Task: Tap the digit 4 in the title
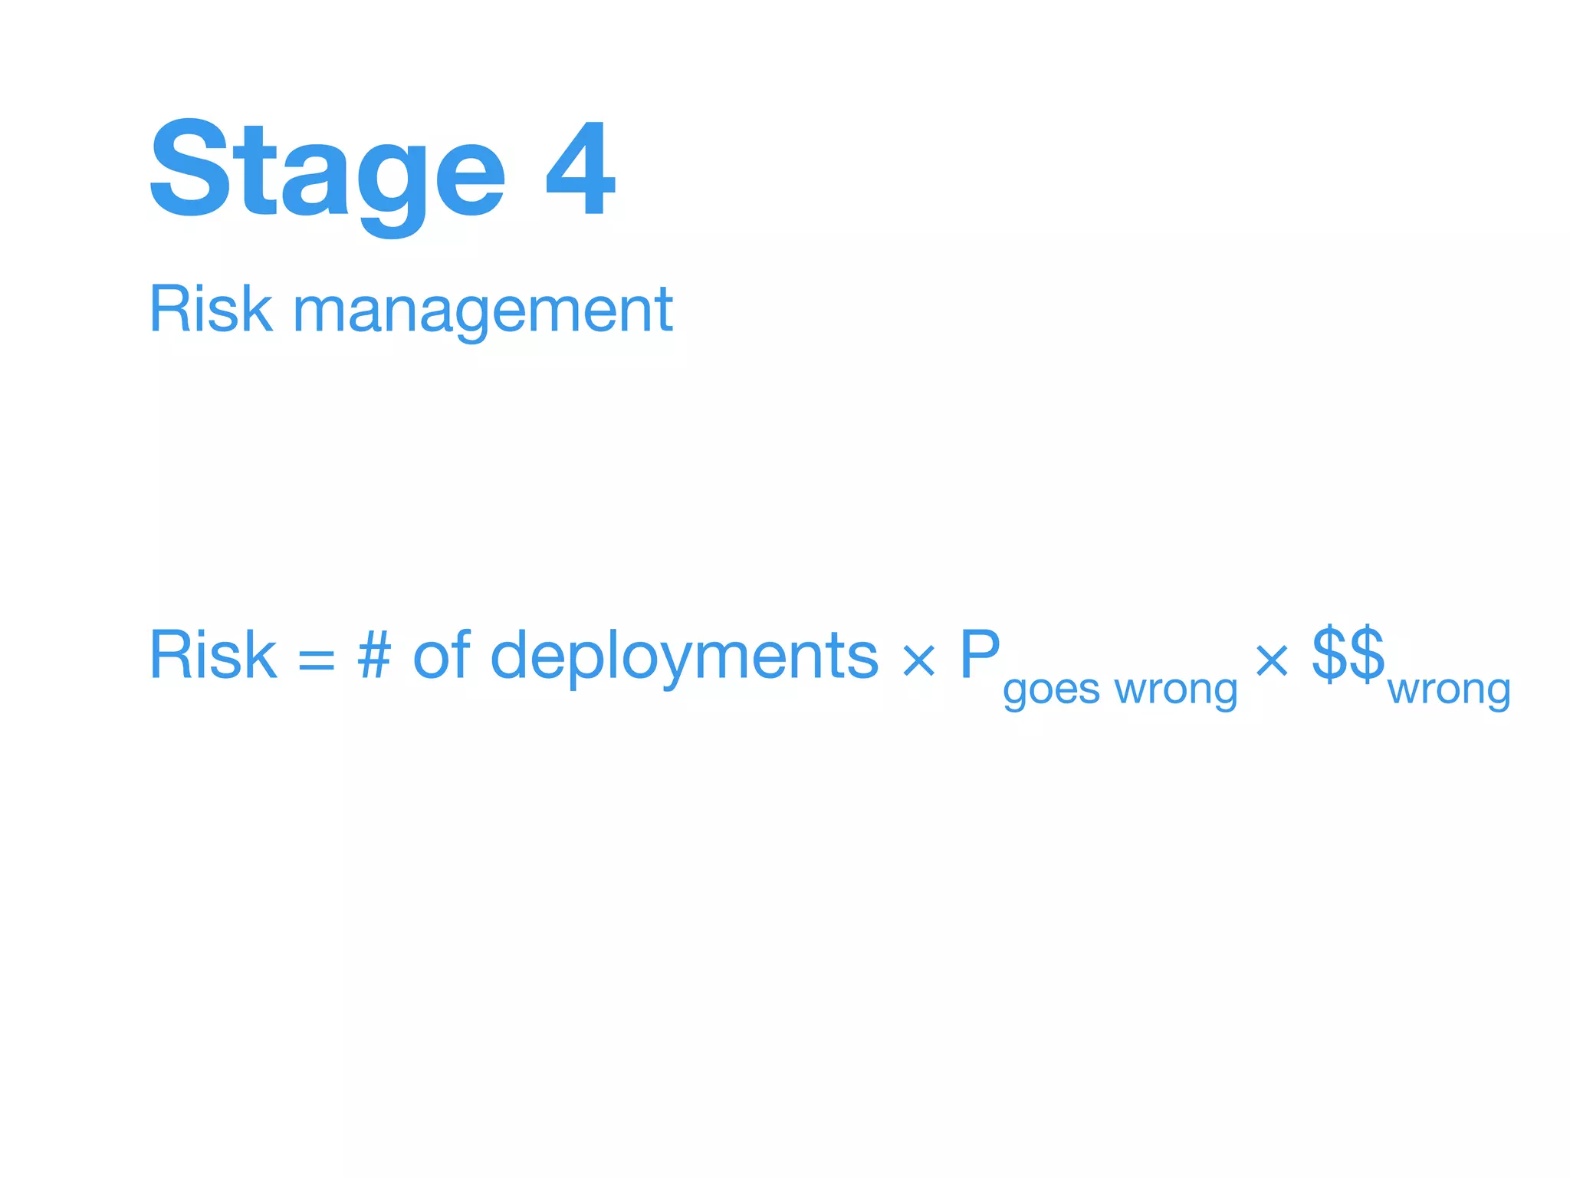pyautogui.click(x=580, y=169)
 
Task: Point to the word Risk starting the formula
pyautogui.click(x=213, y=655)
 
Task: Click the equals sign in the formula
pyautogui.click(x=317, y=659)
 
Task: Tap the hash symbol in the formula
pyautogui.click(x=374, y=655)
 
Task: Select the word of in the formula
pyautogui.click(x=441, y=655)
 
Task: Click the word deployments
pyautogui.click(x=684, y=656)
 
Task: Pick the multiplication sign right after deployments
pyautogui.click(x=918, y=660)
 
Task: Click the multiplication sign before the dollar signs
pyautogui.click(x=1272, y=660)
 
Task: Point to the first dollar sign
pyautogui.click(x=1330, y=653)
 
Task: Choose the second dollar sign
pyautogui.click(x=1367, y=653)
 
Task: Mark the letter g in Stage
pyautogui.click(x=392, y=184)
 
